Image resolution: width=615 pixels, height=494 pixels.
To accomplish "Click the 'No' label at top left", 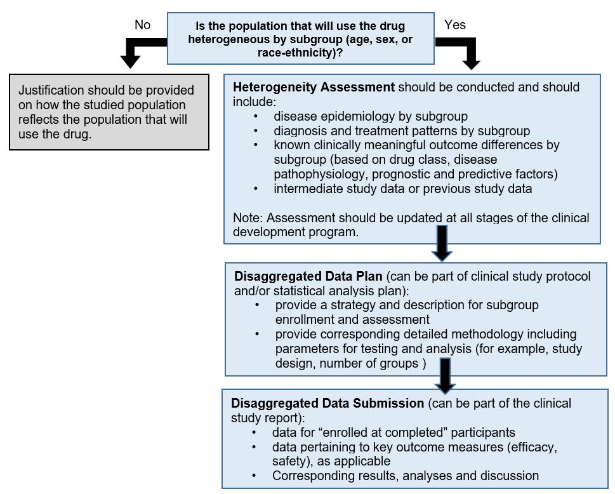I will click(142, 25).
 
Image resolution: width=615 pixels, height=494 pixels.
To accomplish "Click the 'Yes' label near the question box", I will click(454, 25).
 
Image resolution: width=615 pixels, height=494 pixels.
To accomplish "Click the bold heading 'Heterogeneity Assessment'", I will click(314, 87).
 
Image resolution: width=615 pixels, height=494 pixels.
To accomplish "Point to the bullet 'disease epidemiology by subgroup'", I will click(371, 116).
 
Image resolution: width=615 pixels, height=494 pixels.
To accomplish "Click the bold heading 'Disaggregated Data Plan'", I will click(308, 277).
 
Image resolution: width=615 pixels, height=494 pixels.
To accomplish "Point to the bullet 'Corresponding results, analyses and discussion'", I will click(405, 475).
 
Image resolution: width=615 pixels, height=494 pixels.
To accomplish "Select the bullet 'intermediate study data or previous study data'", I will click(403, 189).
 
